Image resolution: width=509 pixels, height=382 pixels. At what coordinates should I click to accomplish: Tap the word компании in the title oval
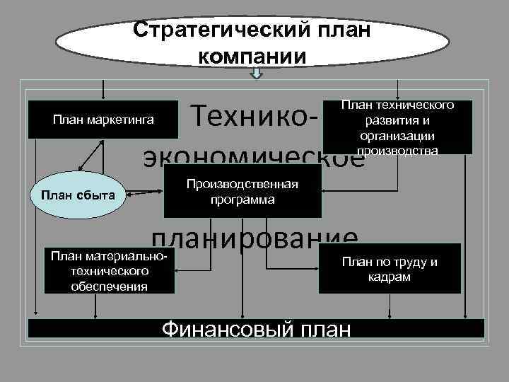tap(252, 56)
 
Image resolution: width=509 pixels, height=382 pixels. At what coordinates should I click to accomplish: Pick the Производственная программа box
tap(242, 192)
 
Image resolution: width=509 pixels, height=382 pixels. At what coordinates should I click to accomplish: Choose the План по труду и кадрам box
tap(390, 269)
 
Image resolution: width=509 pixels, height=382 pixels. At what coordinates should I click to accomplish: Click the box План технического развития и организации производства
tap(397, 127)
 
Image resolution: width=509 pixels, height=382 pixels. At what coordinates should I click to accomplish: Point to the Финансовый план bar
tap(256, 328)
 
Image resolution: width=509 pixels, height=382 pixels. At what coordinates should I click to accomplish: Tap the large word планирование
tap(255, 238)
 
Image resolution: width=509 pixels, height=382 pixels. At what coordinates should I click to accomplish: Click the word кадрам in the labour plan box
tap(390, 277)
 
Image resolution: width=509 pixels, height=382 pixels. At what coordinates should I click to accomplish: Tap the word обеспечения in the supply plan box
tap(109, 286)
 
